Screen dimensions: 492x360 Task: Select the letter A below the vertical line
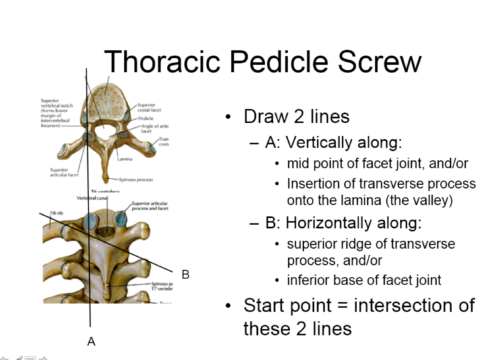[91, 341]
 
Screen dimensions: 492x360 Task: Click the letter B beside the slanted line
[186, 274]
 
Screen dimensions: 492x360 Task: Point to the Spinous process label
[136, 180]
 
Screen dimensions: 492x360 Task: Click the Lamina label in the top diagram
[124, 159]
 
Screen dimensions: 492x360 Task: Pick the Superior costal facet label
[149, 108]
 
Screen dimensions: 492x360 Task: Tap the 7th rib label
[56, 213]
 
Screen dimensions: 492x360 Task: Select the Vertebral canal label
[92, 198]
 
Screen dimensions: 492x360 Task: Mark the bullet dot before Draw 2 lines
[228, 118]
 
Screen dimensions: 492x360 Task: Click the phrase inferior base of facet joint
[364, 280]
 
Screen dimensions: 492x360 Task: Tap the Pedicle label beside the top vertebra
[146, 119]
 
